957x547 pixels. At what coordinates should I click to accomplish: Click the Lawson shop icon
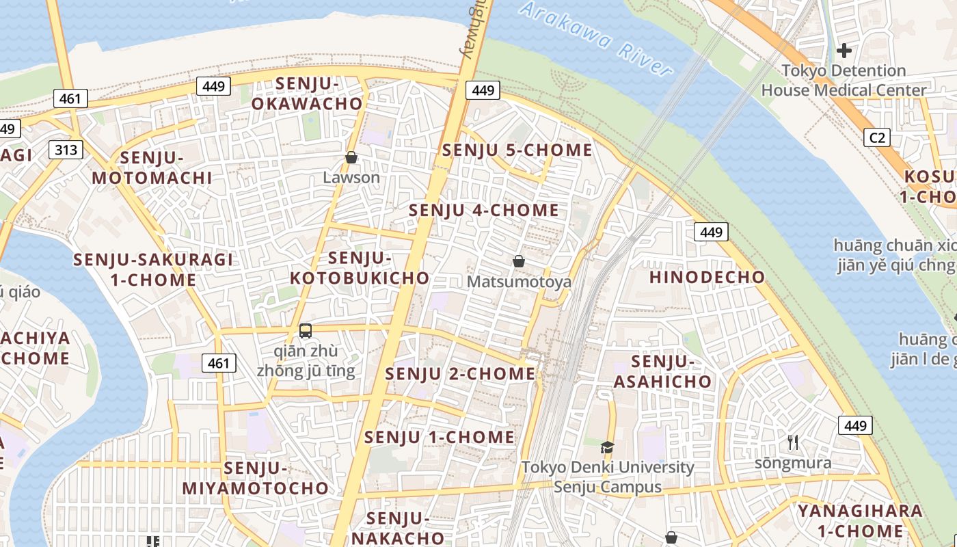pyautogui.click(x=351, y=158)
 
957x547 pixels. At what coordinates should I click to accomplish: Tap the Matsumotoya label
pyautogui.click(x=519, y=282)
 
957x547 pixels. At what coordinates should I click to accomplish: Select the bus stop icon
pyautogui.click(x=306, y=331)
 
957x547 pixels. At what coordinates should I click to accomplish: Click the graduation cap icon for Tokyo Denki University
pyautogui.click(x=607, y=448)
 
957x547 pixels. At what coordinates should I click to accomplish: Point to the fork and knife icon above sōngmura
pyautogui.click(x=793, y=442)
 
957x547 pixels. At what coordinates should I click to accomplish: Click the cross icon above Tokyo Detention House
pyautogui.click(x=844, y=50)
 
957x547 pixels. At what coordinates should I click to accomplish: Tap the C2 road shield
pyautogui.click(x=877, y=137)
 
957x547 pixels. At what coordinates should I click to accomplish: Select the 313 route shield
pyautogui.click(x=66, y=150)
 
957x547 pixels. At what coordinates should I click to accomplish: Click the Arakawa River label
pyautogui.click(x=595, y=38)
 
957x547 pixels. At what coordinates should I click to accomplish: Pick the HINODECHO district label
pyautogui.click(x=707, y=277)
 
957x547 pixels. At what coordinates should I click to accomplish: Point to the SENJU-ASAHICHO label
pyautogui.click(x=662, y=371)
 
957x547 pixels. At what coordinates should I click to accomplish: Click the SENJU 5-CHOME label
pyautogui.click(x=517, y=150)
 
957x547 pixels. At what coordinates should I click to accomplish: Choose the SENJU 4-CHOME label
pyautogui.click(x=484, y=210)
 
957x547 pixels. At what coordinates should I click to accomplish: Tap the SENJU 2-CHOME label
pyautogui.click(x=460, y=374)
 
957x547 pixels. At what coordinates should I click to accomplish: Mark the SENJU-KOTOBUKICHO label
pyautogui.click(x=360, y=268)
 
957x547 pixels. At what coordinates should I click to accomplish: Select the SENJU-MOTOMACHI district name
pyautogui.click(x=152, y=168)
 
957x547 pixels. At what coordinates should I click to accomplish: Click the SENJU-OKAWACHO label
pyautogui.click(x=307, y=94)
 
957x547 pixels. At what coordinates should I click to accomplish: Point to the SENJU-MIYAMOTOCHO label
pyautogui.click(x=255, y=478)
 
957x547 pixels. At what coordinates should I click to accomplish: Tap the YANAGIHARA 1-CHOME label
pyautogui.click(x=860, y=521)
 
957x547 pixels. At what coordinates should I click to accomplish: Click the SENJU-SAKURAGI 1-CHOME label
pyautogui.click(x=153, y=269)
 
